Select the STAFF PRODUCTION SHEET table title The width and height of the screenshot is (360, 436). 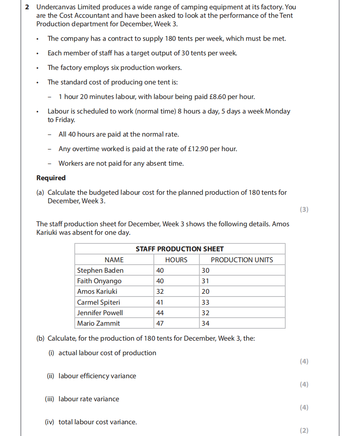click(179, 249)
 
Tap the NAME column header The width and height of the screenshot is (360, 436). click(114, 260)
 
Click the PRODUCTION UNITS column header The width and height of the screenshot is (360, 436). click(242, 260)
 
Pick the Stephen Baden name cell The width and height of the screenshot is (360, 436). click(100, 270)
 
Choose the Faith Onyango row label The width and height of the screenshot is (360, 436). click(99, 281)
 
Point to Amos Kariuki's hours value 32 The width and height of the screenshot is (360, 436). click(160, 291)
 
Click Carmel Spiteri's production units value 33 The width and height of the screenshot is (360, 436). click(205, 302)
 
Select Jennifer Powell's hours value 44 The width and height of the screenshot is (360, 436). click(160, 313)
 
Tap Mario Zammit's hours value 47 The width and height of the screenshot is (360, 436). click(160, 323)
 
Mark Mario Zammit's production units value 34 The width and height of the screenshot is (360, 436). click(205, 323)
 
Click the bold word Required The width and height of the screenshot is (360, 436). click(51, 178)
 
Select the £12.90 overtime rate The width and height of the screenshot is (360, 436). click(198, 149)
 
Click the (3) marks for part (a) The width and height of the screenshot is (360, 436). click(304, 209)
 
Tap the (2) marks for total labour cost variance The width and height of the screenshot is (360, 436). click(304, 430)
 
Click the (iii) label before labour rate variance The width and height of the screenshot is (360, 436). click(50, 399)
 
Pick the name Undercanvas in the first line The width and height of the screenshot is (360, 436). click(55, 7)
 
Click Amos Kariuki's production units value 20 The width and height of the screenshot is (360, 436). click(205, 291)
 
